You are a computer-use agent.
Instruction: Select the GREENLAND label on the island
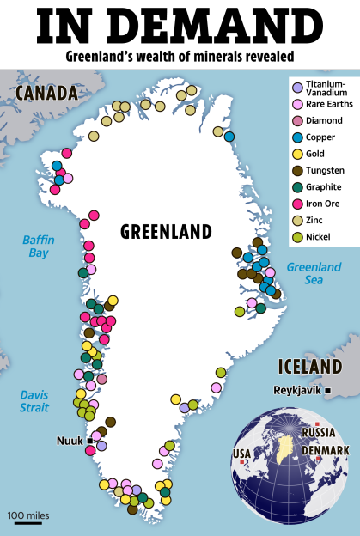click(x=166, y=232)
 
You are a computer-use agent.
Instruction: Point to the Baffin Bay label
click(x=37, y=247)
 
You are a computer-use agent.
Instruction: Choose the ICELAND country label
click(x=309, y=368)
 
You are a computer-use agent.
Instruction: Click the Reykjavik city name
click(x=296, y=390)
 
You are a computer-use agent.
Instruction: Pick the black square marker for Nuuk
click(x=90, y=441)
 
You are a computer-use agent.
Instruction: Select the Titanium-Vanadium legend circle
click(x=297, y=88)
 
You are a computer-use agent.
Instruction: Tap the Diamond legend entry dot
click(x=297, y=120)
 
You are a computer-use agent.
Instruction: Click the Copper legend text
click(x=320, y=137)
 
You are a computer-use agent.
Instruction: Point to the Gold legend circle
click(x=297, y=153)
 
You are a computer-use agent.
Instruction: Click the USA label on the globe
click(x=243, y=452)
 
